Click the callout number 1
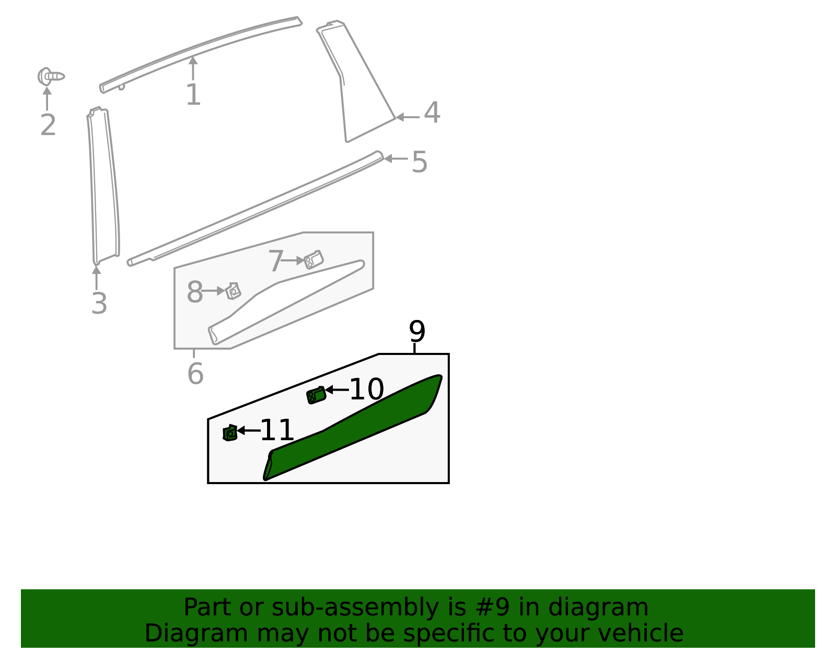pyautogui.click(x=193, y=95)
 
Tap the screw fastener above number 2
pyautogui.click(x=51, y=76)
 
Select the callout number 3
pyautogui.click(x=99, y=303)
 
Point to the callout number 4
pyautogui.click(x=432, y=113)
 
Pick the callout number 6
pyautogui.click(x=195, y=374)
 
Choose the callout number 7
pyautogui.click(x=275, y=261)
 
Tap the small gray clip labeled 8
pyautogui.click(x=233, y=291)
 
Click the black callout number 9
pyautogui.click(x=417, y=331)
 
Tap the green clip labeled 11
pyautogui.click(x=230, y=433)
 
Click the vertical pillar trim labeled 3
pyautogui.click(x=103, y=188)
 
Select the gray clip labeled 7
pyautogui.click(x=313, y=259)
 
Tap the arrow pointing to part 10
pyautogui.click(x=336, y=389)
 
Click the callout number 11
pyautogui.click(x=277, y=430)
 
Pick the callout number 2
pyautogui.click(x=48, y=125)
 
